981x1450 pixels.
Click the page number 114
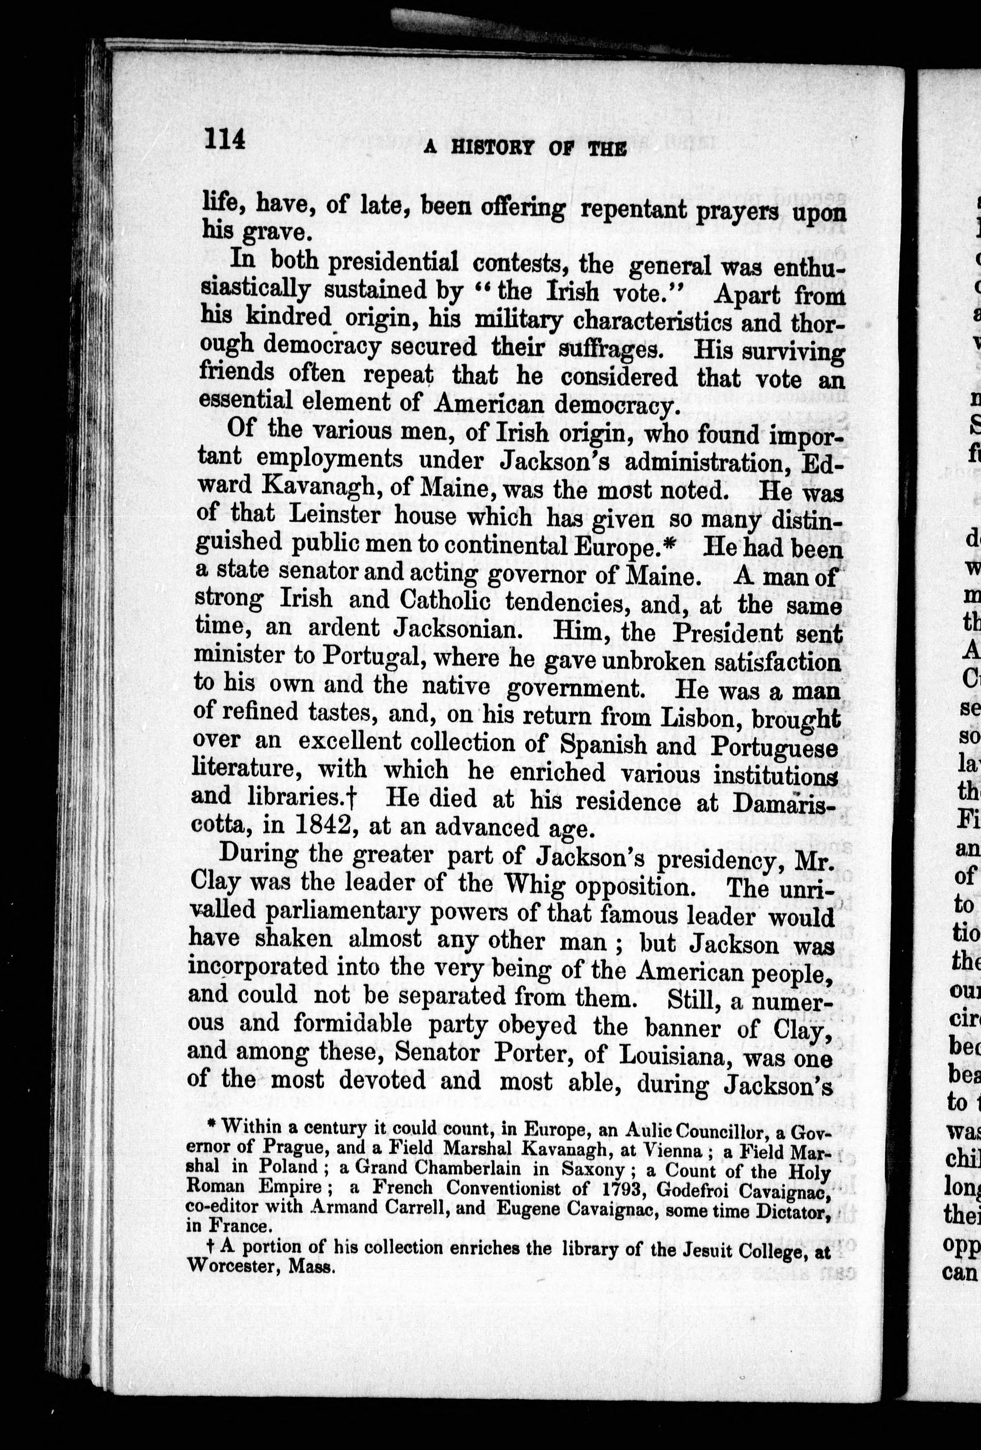[x=224, y=138]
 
